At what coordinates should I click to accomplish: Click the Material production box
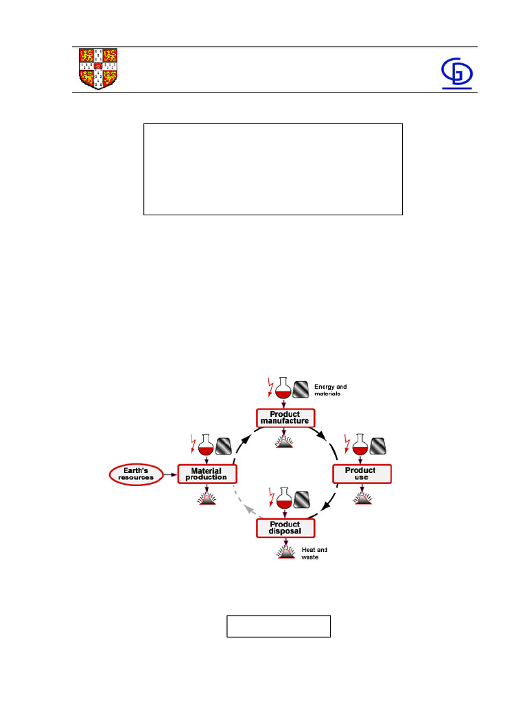[x=207, y=474]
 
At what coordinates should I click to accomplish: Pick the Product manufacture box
[x=285, y=417]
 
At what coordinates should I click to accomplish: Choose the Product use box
[x=361, y=474]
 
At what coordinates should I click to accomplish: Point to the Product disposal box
[x=285, y=528]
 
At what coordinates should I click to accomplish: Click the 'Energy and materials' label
[x=330, y=390]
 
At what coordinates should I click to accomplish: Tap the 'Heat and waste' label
[x=314, y=553]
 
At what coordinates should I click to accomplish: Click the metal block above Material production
[x=224, y=447]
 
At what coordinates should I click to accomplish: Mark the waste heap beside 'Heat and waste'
[x=285, y=553]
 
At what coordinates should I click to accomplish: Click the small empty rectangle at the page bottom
[x=279, y=626]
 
